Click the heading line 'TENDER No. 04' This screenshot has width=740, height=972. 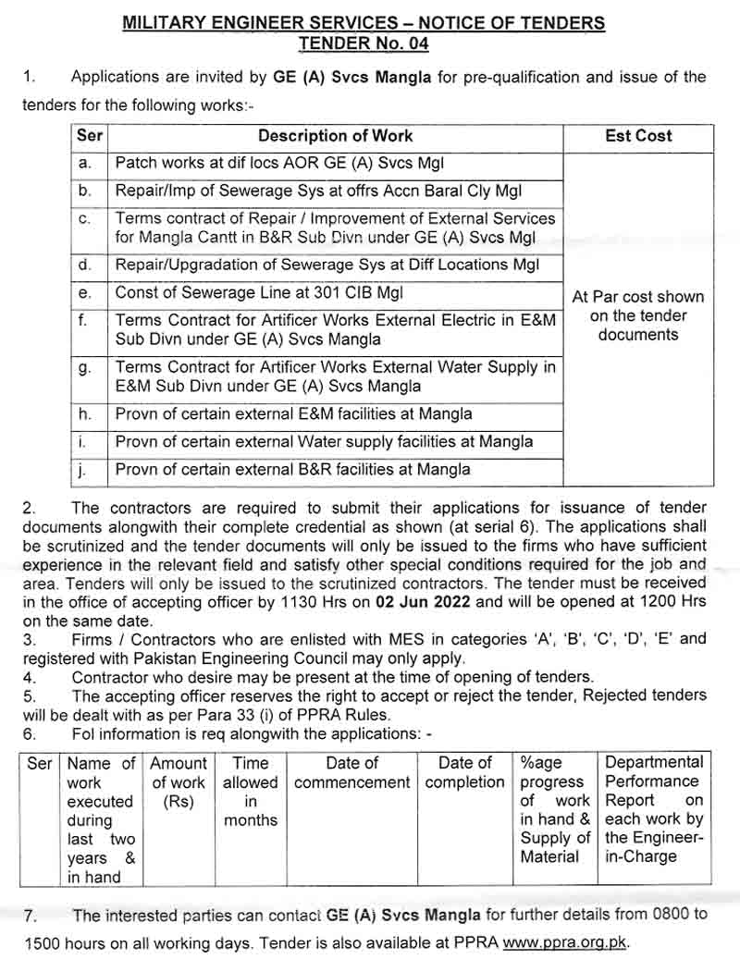[x=364, y=43]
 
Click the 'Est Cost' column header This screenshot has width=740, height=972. [x=638, y=136]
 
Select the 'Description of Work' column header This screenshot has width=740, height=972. [x=335, y=136]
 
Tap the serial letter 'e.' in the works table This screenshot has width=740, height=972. [x=86, y=293]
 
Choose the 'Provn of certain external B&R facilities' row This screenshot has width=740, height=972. [x=292, y=470]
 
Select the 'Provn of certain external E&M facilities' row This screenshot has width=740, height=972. [x=293, y=413]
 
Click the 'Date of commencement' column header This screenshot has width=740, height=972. [x=351, y=773]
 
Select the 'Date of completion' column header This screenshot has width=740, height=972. [x=464, y=773]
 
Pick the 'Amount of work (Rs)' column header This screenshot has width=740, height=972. [x=178, y=782]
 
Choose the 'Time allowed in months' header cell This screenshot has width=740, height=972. [x=250, y=792]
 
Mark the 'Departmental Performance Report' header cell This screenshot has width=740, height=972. [x=654, y=809]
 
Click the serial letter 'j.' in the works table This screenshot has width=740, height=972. [x=83, y=470]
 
